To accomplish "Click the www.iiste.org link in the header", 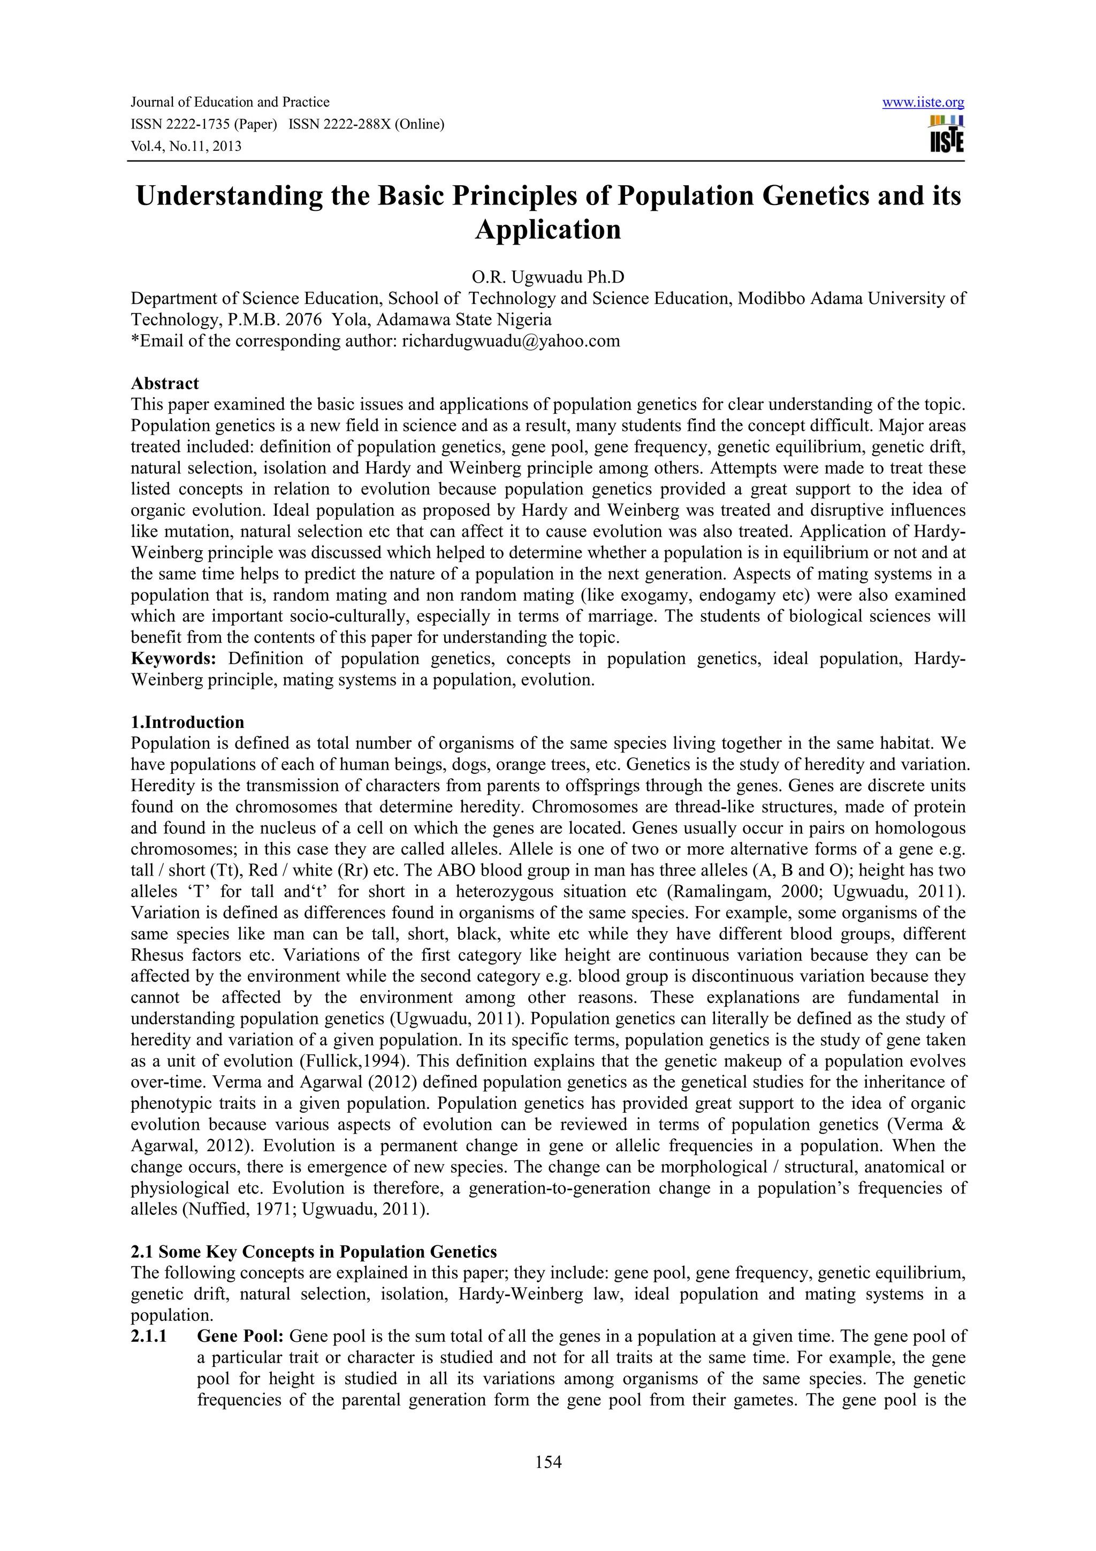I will click(923, 103).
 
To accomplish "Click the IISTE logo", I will click(947, 135).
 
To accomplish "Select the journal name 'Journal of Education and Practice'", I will click(230, 103).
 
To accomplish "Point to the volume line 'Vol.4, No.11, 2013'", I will click(186, 147).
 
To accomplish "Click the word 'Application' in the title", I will click(547, 230).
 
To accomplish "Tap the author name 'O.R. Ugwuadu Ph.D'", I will click(547, 277).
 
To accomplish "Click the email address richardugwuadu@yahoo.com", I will click(511, 341).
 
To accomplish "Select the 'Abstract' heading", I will click(165, 384).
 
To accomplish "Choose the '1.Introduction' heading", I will click(187, 722).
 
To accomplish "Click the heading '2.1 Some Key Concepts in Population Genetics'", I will click(314, 1252).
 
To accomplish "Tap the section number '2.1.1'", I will click(149, 1336).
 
